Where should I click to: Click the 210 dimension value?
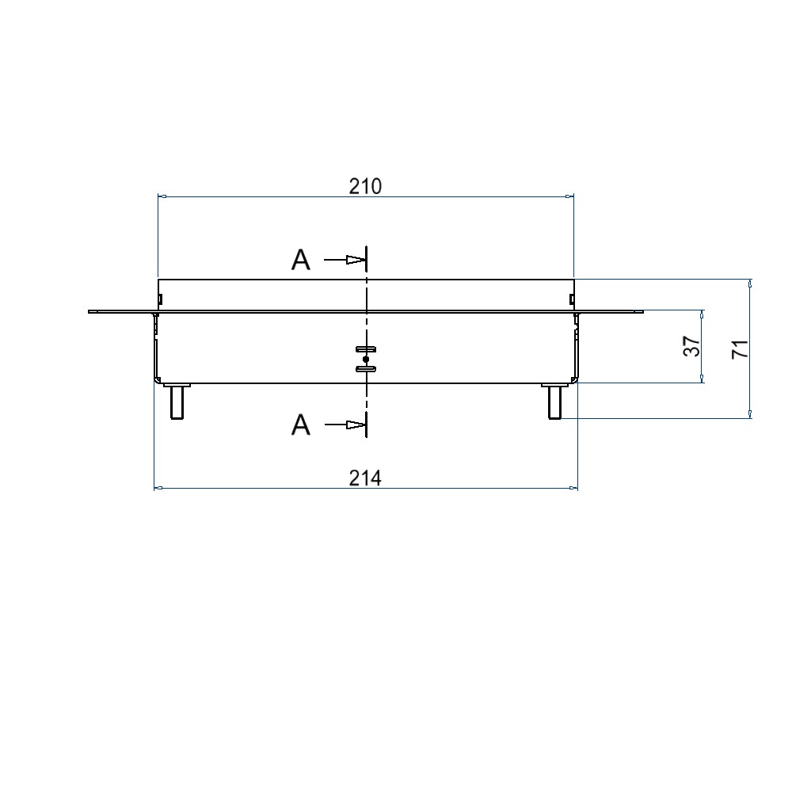pyautogui.click(x=365, y=186)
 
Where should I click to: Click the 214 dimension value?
pyautogui.click(x=365, y=478)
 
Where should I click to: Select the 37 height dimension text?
pyautogui.click(x=692, y=346)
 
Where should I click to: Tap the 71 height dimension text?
pyautogui.click(x=741, y=349)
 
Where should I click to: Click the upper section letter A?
pyautogui.click(x=300, y=261)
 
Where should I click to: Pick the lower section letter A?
pyautogui.click(x=300, y=425)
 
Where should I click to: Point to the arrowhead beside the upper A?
pyautogui.click(x=356, y=260)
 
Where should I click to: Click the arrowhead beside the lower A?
pyautogui.click(x=356, y=425)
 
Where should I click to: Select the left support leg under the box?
pyautogui.click(x=177, y=402)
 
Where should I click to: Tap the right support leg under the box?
pyautogui.click(x=554, y=402)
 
